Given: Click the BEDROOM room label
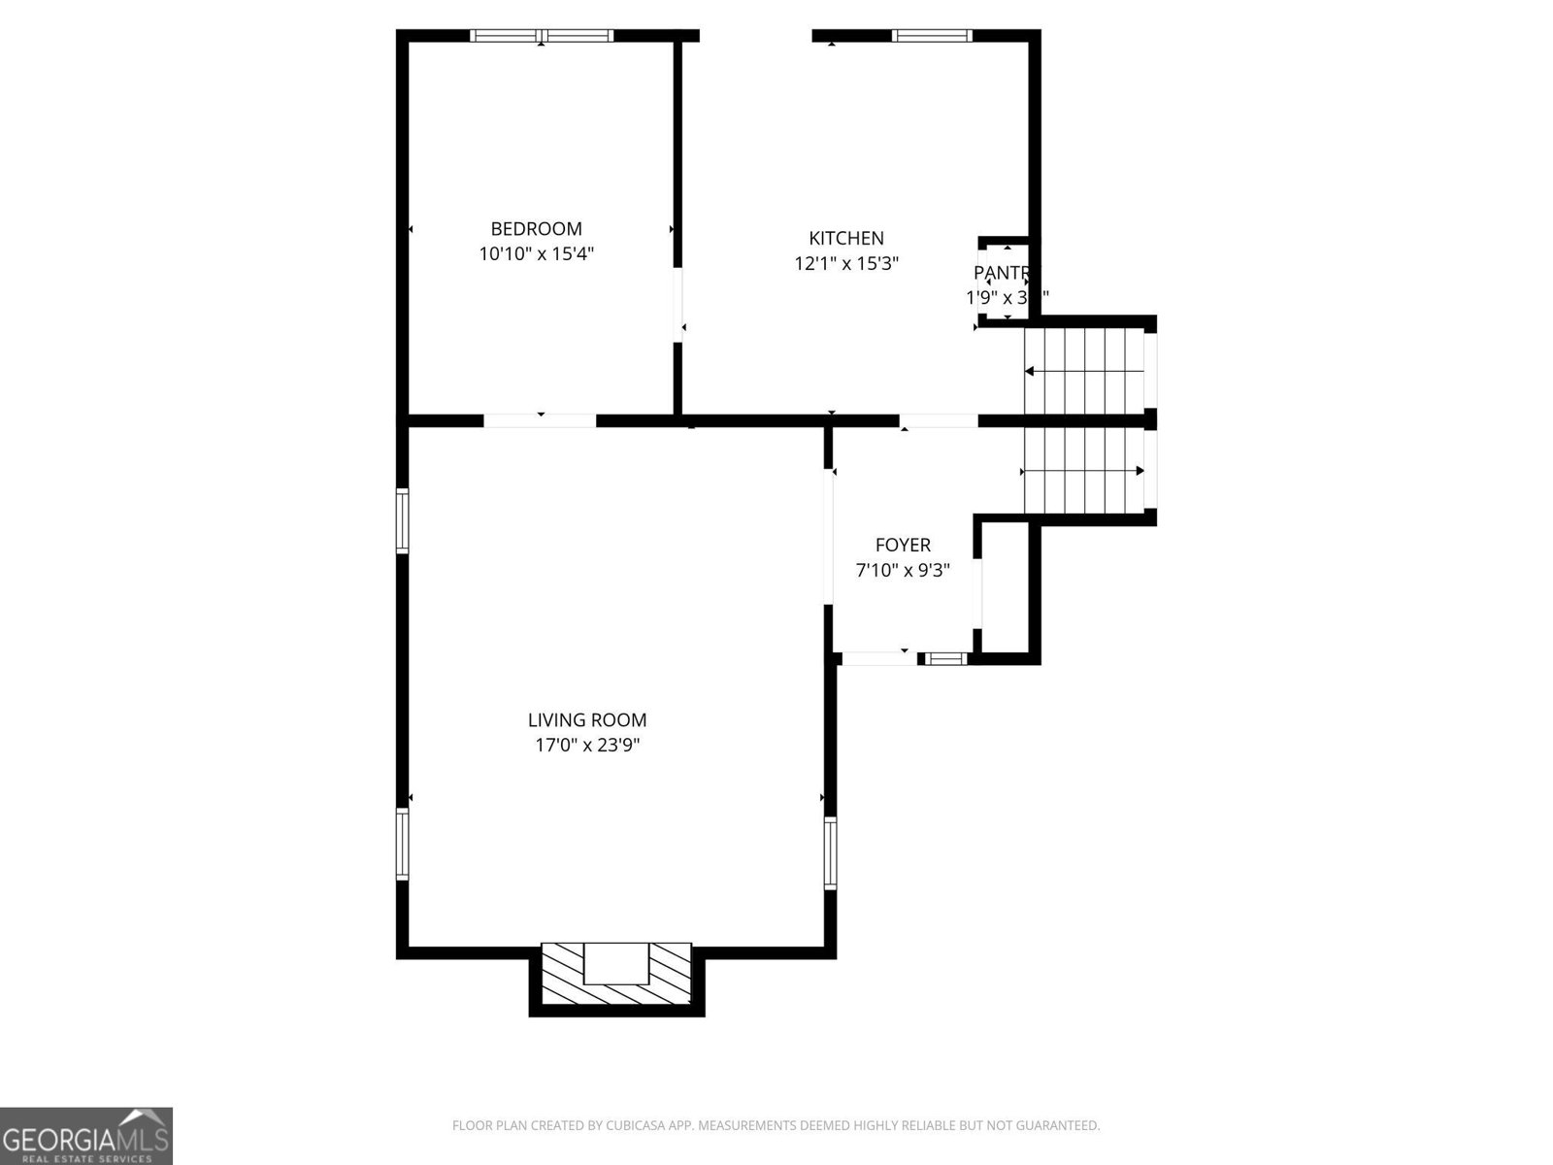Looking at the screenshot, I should point(536,229).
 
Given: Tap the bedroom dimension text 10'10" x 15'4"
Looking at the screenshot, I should point(536,254).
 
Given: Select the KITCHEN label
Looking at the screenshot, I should point(846,238).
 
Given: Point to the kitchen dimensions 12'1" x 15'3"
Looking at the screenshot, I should point(846,263).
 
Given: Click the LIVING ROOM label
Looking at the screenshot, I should point(587,720).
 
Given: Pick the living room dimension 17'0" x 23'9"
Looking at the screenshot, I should point(587,746).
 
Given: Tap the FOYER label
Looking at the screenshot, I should point(903,546).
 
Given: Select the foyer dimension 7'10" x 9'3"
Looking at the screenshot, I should point(903,571).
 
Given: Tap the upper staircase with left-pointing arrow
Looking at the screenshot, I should point(1084,371).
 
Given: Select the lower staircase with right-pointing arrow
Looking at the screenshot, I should point(1084,472).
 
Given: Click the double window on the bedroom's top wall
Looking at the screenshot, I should point(542,36).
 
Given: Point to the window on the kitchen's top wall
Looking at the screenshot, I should point(932,36).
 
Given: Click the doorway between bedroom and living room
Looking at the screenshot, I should point(540,420).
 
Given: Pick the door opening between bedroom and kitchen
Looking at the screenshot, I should point(677,303).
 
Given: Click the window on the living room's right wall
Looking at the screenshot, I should point(830,852).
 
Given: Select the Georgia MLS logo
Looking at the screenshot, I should point(86,1135).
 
